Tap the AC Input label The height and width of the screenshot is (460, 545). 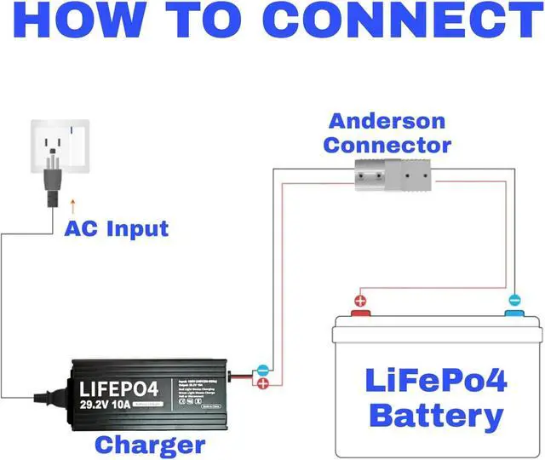coord(117,228)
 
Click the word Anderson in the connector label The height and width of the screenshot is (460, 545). coord(387,121)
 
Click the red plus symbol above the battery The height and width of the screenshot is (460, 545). coord(360,300)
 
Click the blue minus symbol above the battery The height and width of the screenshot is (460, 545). coord(513,300)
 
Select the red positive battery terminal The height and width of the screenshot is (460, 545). coord(361,313)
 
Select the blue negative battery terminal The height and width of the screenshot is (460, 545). coord(513,313)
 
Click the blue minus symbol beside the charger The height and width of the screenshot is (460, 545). coord(263,371)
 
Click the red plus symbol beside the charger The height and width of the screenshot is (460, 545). coord(263,385)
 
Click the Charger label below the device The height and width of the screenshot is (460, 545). coord(149,444)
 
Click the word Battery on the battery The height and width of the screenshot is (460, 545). coord(437,416)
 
